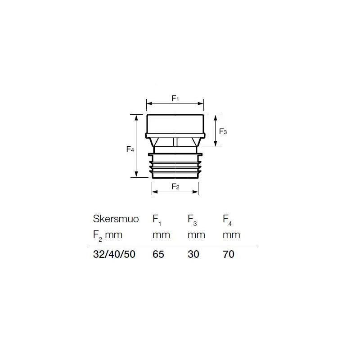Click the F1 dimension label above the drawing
coord(175,98)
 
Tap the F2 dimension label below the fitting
coord(175,186)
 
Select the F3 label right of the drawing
coord(223,131)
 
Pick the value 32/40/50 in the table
coord(114,254)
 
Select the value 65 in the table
coord(158,254)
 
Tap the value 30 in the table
coord(193,254)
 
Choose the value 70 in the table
coord(229,254)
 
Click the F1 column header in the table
coord(157,220)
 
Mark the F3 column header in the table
coord(192,220)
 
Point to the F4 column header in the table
coord(228,220)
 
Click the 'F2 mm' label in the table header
coord(108,235)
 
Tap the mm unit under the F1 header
coord(161,235)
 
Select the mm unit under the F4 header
coord(231,235)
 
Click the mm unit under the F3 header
coord(196,235)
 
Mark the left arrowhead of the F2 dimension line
coord(154,192)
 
